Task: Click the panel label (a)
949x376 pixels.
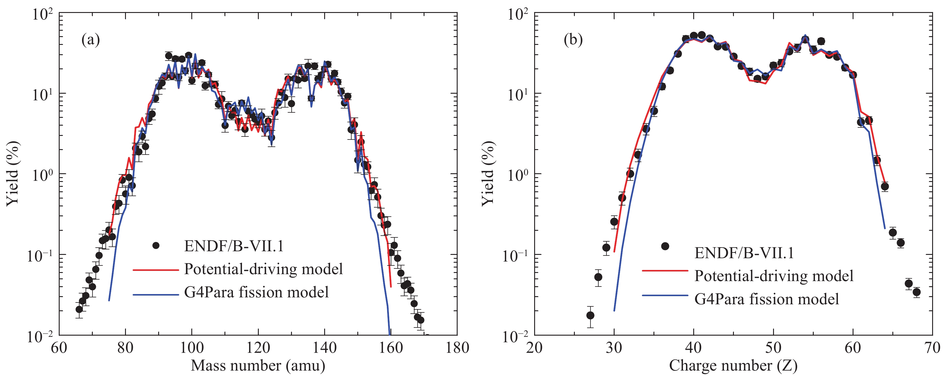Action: (91, 39)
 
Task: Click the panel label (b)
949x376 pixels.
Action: (573, 39)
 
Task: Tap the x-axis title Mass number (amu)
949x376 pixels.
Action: (258, 365)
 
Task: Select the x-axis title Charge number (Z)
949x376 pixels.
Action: (733, 365)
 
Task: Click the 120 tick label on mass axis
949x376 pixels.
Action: (258, 347)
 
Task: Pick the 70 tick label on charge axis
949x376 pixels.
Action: (932, 347)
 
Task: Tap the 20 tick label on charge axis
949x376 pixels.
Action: (534, 347)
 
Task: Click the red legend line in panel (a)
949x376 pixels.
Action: (155, 270)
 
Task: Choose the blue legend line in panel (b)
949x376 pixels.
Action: (665, 295)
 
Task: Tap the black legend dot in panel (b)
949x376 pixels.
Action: (665, 246)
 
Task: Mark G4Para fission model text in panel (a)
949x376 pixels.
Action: (256, 292)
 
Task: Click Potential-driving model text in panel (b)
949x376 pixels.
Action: (774, 276)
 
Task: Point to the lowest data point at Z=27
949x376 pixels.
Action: (590, 315)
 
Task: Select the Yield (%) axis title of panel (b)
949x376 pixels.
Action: (488, 173)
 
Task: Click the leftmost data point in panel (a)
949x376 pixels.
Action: (79, 309)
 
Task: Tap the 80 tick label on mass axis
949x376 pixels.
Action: (125, 347)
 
